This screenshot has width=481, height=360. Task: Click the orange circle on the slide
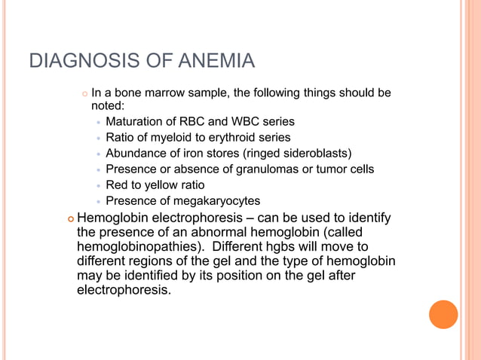443,314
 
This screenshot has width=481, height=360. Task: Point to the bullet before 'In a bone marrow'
84,93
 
